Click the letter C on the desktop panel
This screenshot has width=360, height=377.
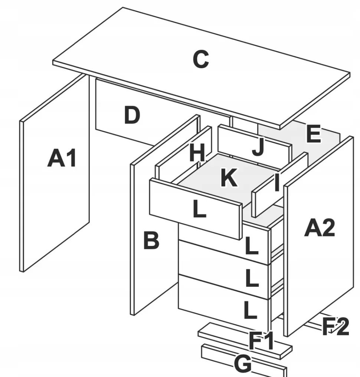(201, 59)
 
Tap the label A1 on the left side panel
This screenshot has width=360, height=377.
(62, 159)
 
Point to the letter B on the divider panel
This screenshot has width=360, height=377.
(151, 241)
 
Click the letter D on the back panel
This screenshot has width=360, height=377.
(132, 115)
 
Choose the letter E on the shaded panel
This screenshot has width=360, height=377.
(313, 134)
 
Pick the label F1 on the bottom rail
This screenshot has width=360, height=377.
(261, 341)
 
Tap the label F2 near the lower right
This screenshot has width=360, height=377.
(335, 327)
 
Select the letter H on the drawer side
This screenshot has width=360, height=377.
(197, 153)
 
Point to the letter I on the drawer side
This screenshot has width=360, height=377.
(276, 183)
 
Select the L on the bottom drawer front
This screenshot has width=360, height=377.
(251, 311)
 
